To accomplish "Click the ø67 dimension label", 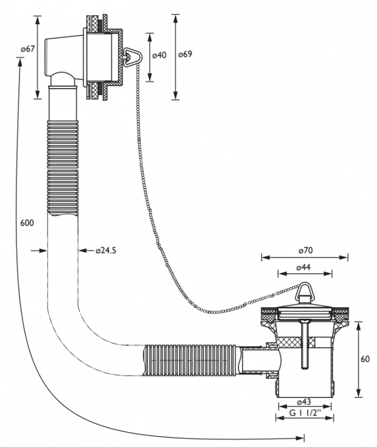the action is click(27, 49).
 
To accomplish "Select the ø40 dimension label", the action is click(159, 55).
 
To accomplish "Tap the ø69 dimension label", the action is click(185, 54).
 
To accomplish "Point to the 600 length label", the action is click(27, 223).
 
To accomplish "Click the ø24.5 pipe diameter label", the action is click(106, 250).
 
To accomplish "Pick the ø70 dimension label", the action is click(305, 250).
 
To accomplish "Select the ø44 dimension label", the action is click(303, 267).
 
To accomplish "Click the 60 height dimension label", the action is click(365, 359).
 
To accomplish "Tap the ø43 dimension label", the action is click(304, 402).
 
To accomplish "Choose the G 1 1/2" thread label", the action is click(305, 413).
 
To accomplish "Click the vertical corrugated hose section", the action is click(62, 169).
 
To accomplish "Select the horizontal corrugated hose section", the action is click(190, 361).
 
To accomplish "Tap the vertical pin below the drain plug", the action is click(304, 345).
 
